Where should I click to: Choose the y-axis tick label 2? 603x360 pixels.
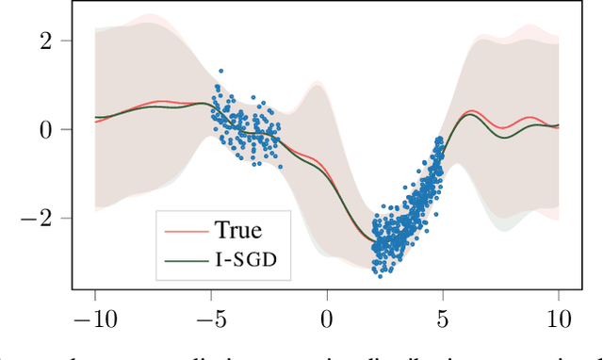coord(57,41)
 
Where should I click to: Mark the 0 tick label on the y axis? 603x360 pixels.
coord(57,129)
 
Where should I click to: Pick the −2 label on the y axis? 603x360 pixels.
coord(50,218)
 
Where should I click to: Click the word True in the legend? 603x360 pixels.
coord(238,229)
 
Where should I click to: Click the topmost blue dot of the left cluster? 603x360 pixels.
coord(220,71)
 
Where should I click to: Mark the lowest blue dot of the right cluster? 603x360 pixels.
coord(379,275)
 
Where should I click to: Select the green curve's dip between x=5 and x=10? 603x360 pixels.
coord(510,138)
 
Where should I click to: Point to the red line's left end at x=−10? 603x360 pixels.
coord(95,122)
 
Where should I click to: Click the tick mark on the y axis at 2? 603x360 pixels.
coord(74,41)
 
